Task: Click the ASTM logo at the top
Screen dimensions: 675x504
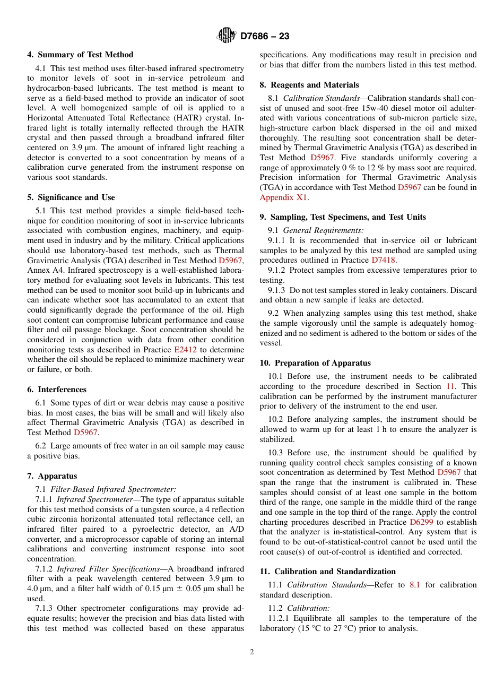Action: pyautogui.click(x=227, y=36)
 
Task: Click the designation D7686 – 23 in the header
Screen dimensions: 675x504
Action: pyautogui.click(x=265, y=37)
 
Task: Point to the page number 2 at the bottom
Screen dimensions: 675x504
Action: pyautogui.click(x=252, y=652)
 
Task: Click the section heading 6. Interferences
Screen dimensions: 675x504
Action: pyautogui.click(x=57, y=390)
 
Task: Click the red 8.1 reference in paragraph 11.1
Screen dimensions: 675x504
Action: pyautogui.click(x=414, y=585)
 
